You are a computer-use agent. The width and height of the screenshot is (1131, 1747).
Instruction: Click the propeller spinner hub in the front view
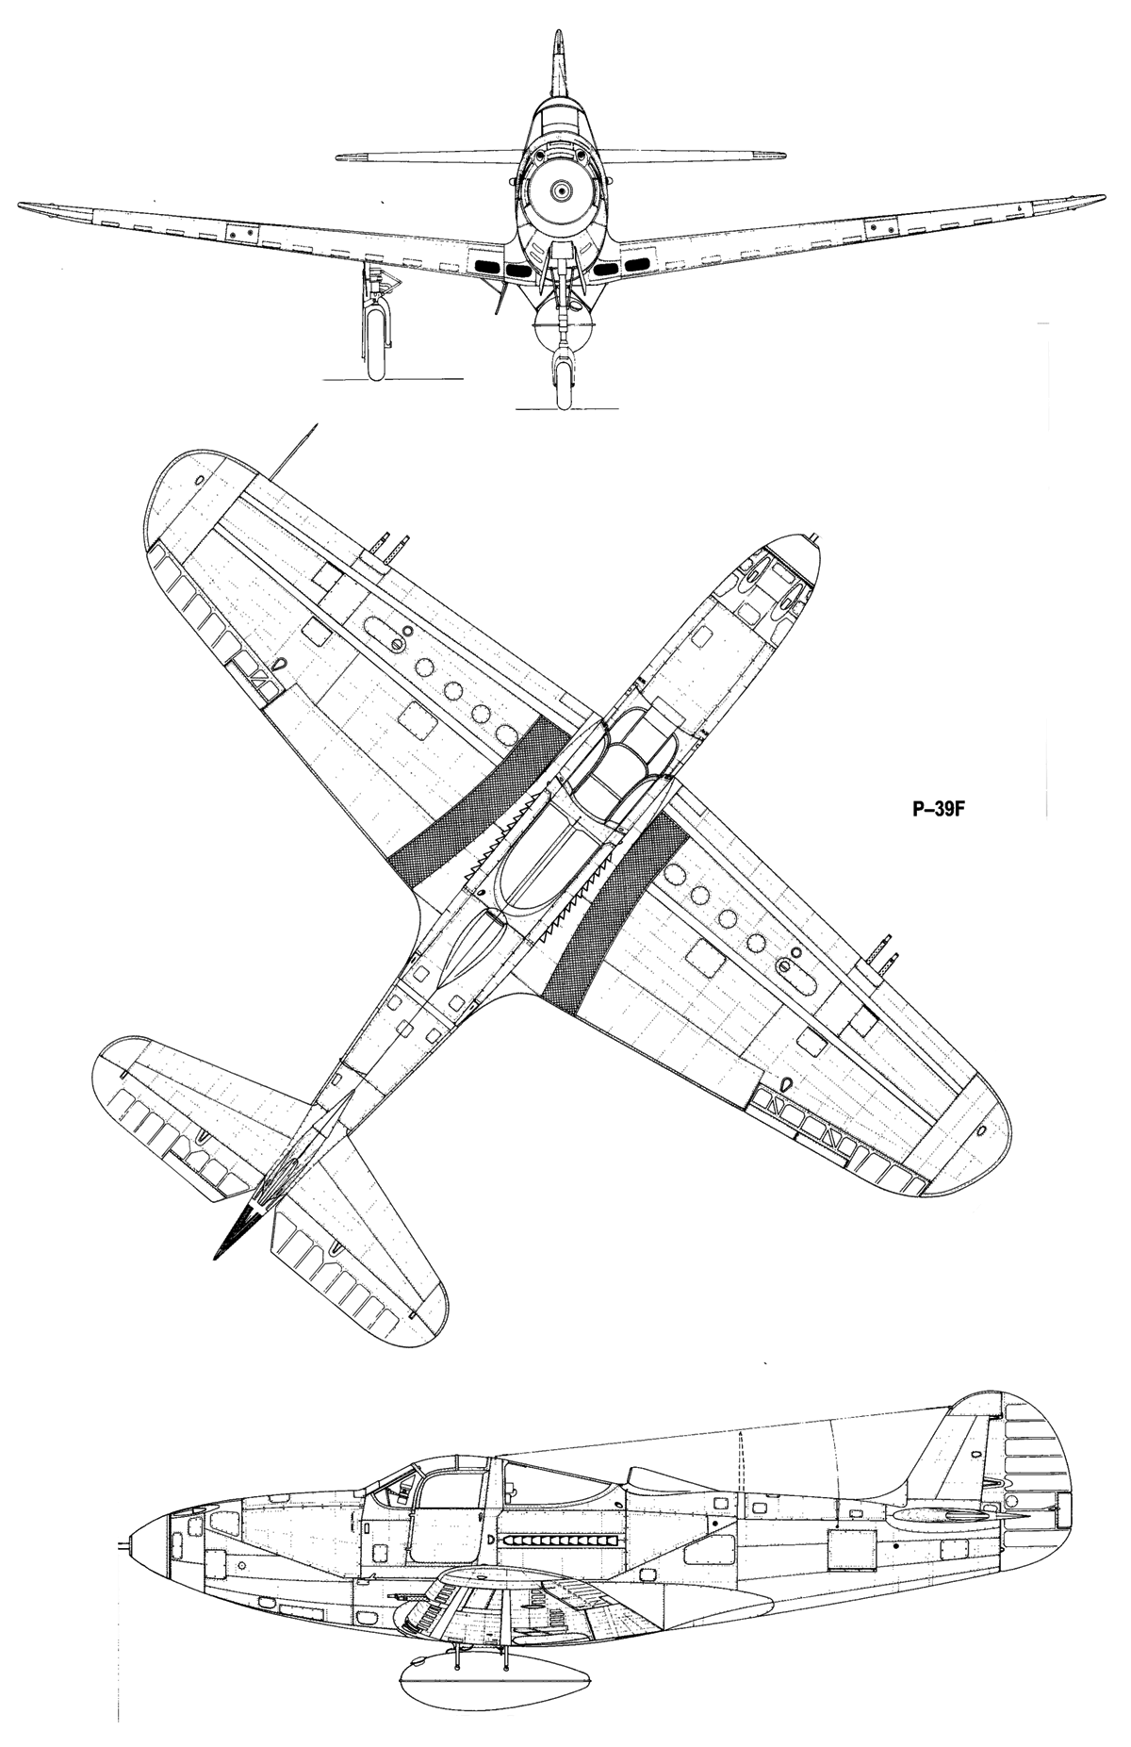pos(563,191)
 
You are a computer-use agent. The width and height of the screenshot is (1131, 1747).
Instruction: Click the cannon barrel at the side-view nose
pos(123,1546)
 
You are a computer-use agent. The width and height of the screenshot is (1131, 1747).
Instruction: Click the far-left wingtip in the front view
pos(23,204)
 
